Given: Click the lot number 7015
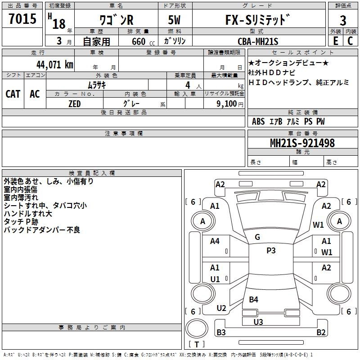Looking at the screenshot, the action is coord(22,18).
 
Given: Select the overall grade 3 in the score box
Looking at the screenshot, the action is coord(343,20).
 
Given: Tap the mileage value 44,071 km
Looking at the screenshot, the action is coord(54,65).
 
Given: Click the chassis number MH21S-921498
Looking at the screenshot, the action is coord(302,143).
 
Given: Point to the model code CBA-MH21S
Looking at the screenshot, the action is coord(258,41).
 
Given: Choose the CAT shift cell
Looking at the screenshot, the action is coord(13,94).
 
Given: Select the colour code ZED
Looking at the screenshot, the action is coord(74,104).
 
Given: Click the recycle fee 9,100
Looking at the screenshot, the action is coord(227,104).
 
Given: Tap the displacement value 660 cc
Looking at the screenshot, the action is coord(143,41).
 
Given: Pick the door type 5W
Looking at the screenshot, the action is coord(174,20).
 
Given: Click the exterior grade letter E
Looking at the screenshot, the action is coord(336,41).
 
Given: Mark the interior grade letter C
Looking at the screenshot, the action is coord(350,41).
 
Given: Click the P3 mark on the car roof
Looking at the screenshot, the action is coord(271,250).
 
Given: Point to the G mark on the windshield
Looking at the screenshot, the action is coord(257,237).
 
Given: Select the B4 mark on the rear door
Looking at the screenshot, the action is coord(253,299).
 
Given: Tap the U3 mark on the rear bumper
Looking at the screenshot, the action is coord(258,322).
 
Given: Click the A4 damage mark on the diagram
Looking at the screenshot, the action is coord(215,241).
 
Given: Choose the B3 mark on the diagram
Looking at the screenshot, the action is coord(221,332).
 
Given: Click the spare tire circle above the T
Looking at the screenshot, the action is coord(197,328).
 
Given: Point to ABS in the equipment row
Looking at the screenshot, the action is coord(258,121).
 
